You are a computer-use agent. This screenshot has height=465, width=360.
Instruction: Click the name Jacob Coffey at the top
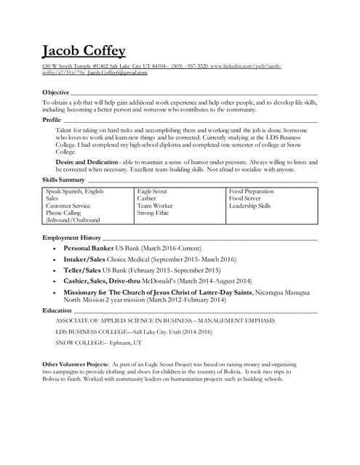click(x=84, y=50)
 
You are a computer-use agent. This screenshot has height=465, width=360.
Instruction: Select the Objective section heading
click(x=56, y=93)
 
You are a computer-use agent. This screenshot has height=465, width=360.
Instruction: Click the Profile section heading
click(x=52, y=120)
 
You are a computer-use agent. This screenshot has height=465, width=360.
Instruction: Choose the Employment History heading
click(x=71, y=238)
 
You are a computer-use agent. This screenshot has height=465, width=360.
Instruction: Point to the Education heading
click(x=57, y=310)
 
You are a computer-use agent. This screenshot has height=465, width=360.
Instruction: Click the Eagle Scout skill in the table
click(x=152, y=192)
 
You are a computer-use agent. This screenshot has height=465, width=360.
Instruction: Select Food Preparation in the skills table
click(x=251, y=192)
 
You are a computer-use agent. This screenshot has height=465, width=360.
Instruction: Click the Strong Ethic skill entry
click(x=153, y=214)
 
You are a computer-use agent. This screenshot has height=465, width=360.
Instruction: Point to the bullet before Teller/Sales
click(x=54, y=270)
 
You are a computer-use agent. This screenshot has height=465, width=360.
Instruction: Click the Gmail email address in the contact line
click(x=117, y=73)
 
